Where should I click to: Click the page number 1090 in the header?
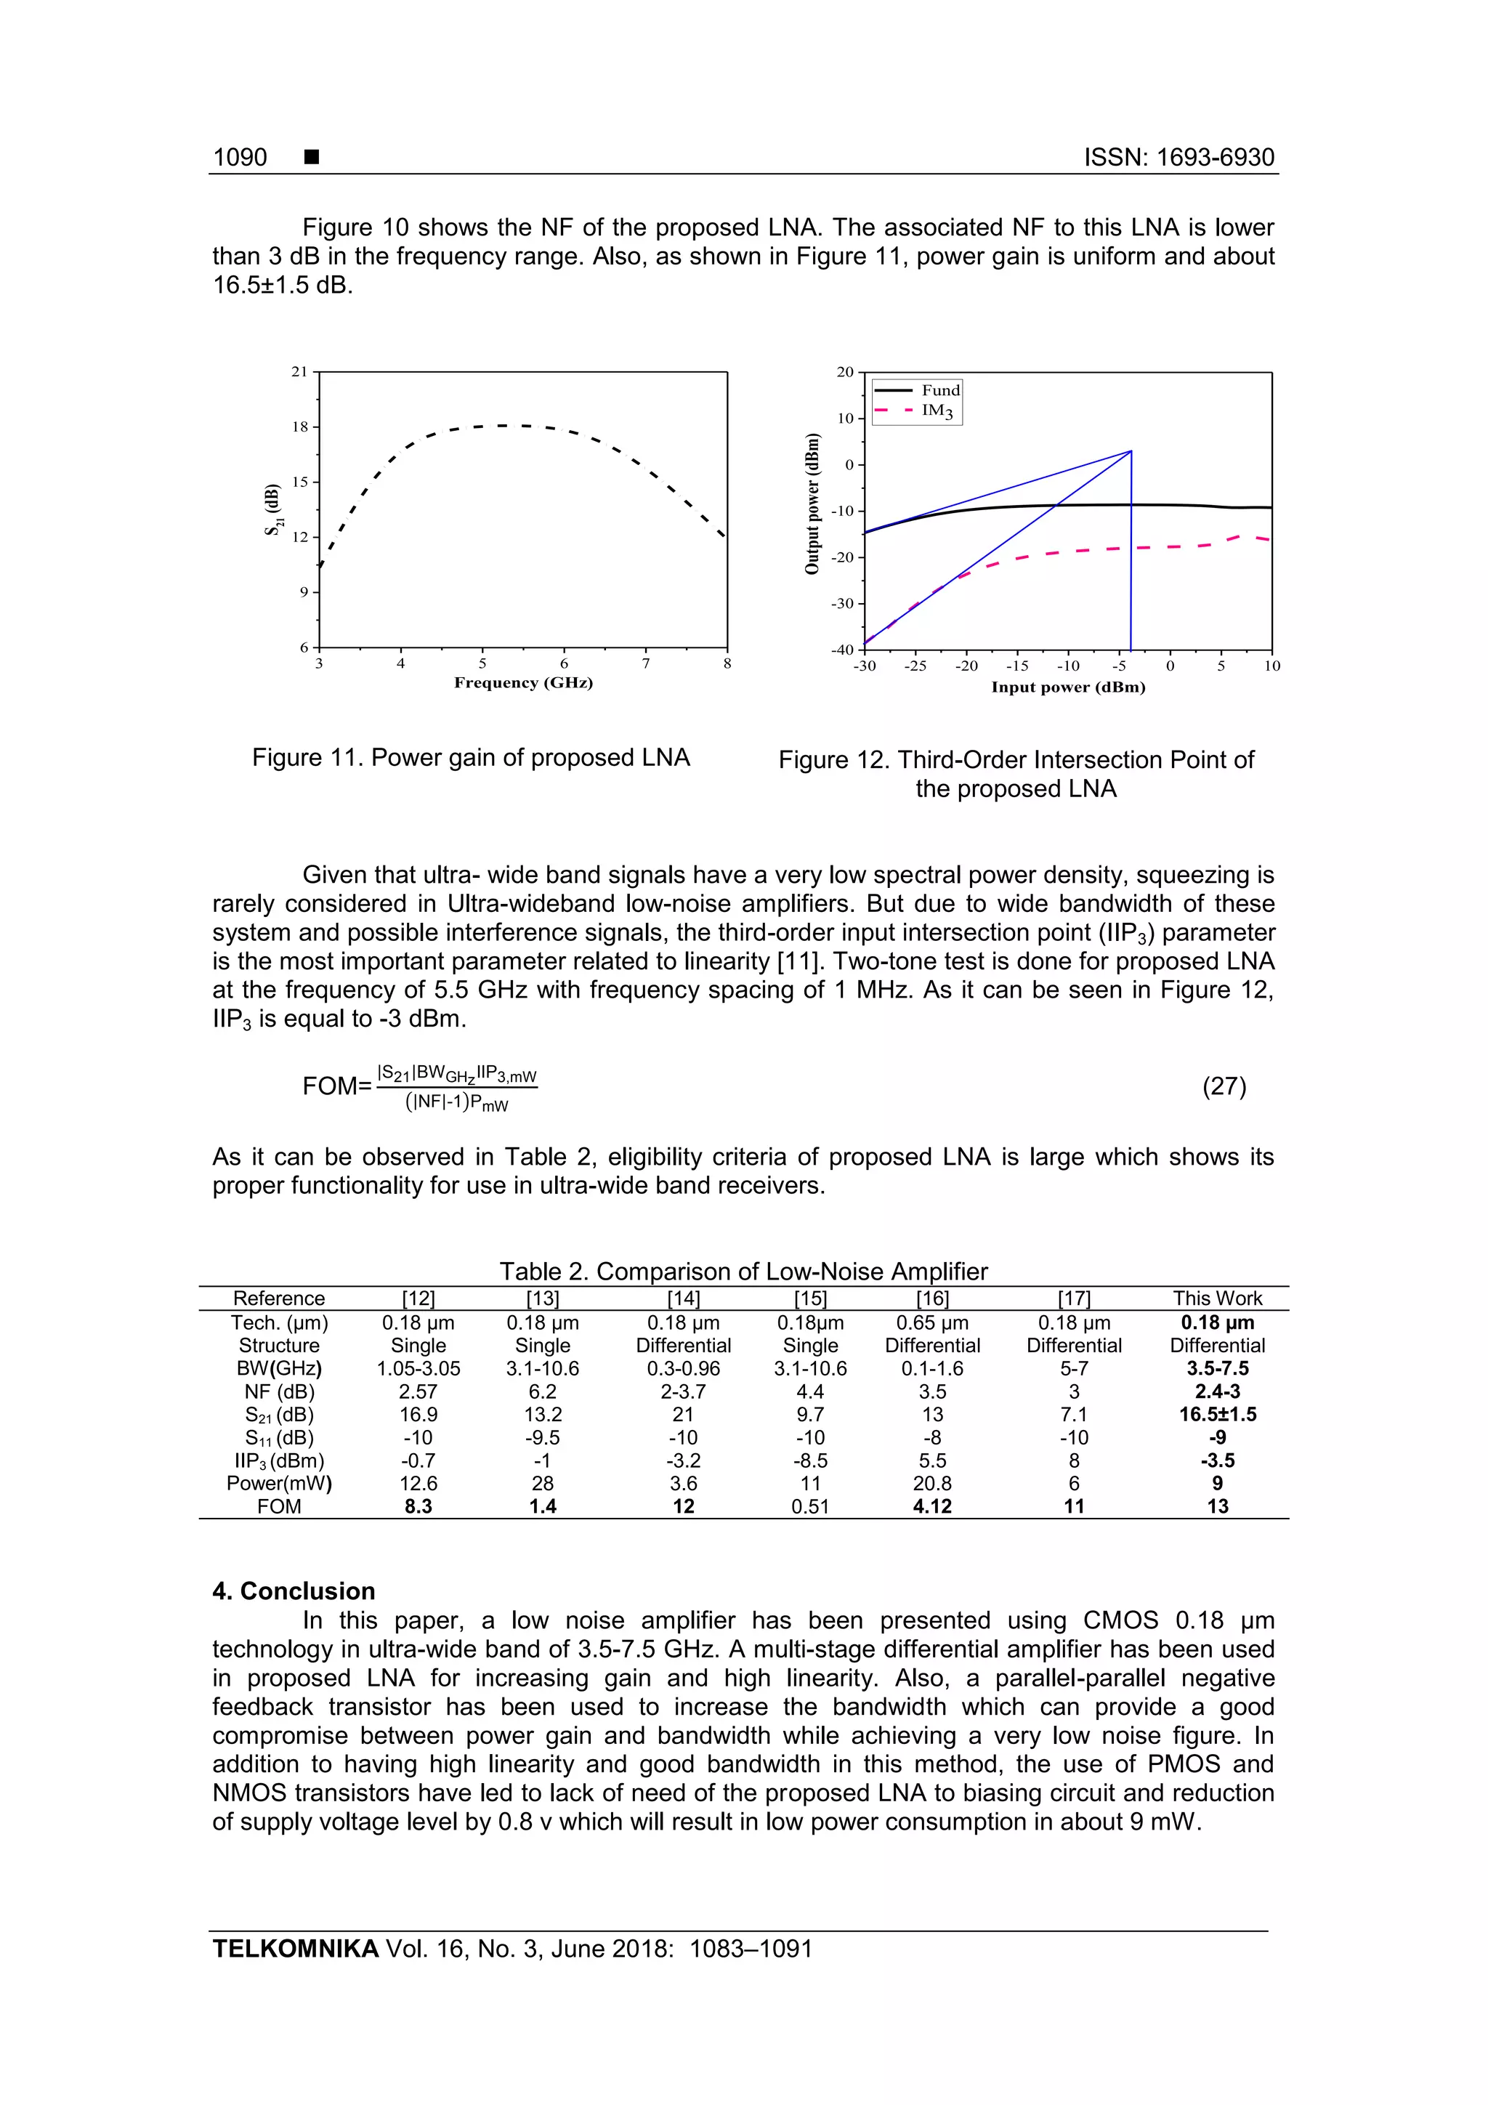240,158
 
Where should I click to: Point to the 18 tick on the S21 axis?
301,427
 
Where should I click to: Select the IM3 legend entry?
937,411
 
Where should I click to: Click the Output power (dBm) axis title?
812,504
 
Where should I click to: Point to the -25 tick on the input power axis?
915,666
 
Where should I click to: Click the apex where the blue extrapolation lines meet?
1131,451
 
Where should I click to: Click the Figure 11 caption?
470,757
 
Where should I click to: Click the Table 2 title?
743,1272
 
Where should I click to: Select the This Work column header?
1216,1298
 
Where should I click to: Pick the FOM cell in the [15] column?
809,1506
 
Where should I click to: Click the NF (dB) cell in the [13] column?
542,1391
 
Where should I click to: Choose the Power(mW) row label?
279,1484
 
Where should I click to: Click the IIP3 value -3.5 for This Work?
1216,1460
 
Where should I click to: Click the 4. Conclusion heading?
294,1591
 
